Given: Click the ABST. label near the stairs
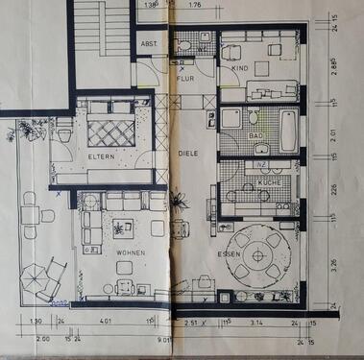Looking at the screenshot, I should coord(150,45).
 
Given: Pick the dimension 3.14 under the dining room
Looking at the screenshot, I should coord(256,323).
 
